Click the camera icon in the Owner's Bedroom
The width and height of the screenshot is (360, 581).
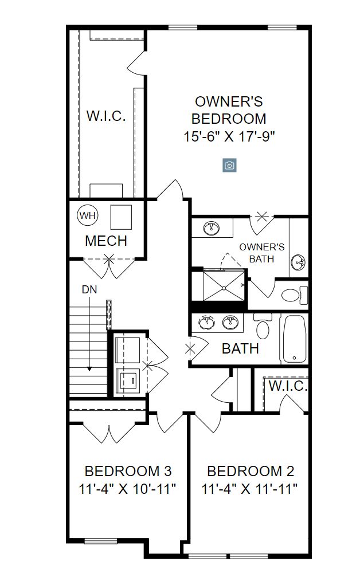229,165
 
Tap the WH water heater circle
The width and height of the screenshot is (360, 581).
88,215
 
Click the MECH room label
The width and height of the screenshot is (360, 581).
106,241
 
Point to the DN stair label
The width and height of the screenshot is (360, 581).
89,289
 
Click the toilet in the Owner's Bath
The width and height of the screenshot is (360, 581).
295,295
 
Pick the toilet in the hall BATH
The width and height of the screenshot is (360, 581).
263,326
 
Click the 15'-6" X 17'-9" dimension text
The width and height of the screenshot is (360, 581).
229,137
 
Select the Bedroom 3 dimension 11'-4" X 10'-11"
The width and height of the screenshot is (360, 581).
127,489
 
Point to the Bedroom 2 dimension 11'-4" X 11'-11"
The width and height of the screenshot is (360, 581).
249,489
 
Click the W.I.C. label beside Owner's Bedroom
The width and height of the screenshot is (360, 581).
106,116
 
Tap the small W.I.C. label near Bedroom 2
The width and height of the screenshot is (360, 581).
288,386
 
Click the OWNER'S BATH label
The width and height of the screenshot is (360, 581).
262,253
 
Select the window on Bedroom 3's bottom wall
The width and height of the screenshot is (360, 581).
100,541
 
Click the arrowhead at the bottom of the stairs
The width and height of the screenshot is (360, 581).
89,368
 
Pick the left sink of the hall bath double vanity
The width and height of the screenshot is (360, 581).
205,323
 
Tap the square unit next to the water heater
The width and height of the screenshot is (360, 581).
121,218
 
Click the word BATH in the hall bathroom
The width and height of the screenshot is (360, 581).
240,349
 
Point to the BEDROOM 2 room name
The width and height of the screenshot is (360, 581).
251,472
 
